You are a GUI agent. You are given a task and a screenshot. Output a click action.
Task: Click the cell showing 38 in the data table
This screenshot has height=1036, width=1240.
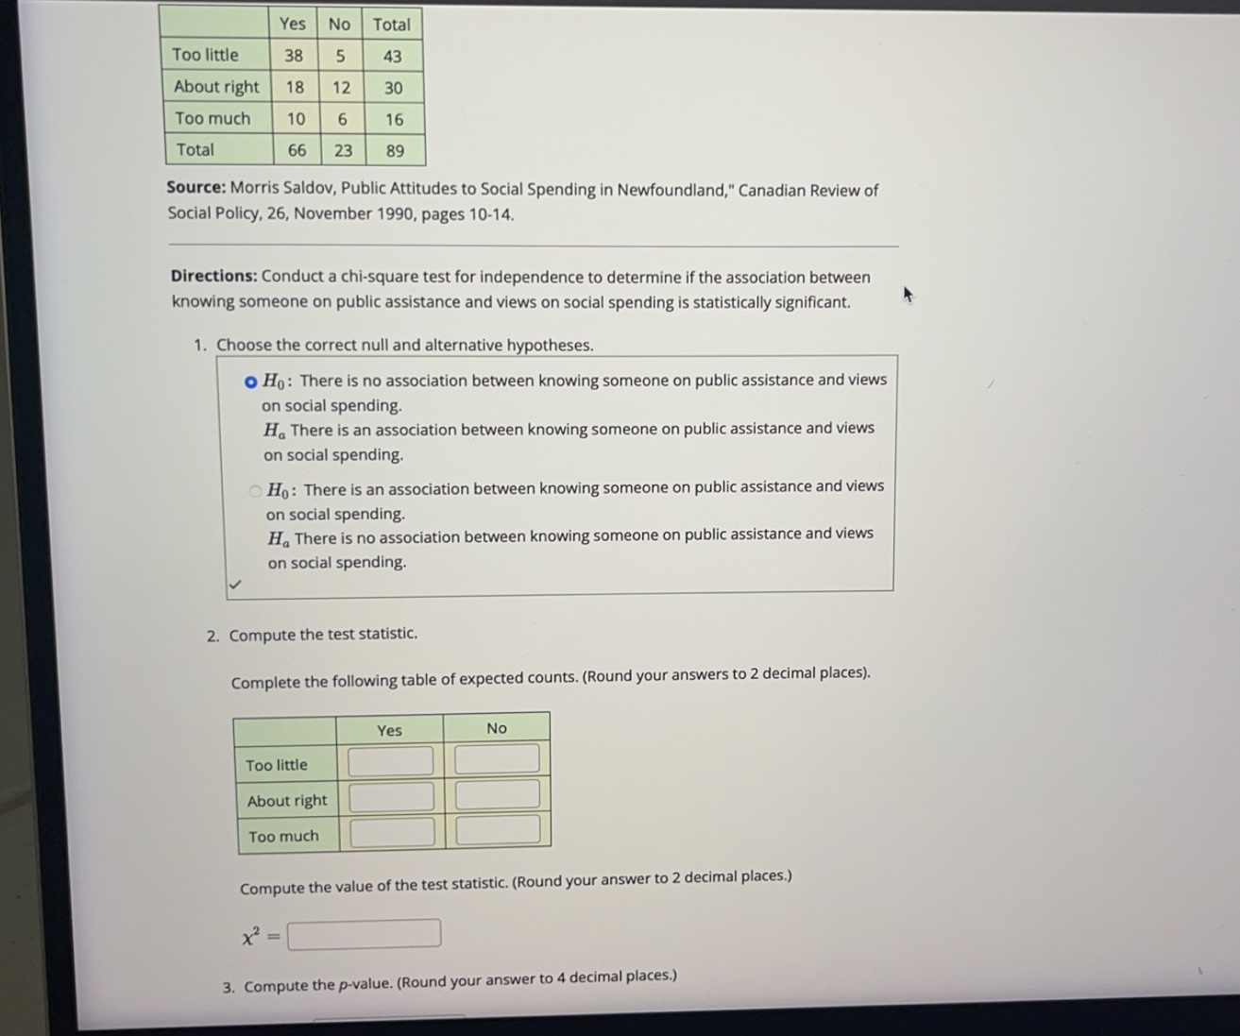pyautogui.click(x=294, y=56)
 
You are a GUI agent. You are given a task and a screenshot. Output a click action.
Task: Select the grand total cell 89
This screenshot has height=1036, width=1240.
pyautogui.click(x=395, y=151)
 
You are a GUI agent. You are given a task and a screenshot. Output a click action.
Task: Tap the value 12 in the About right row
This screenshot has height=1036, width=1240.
pyautogui.click(x=341, y=88)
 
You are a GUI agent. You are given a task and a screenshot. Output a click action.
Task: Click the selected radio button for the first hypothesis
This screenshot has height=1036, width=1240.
pyautogui.click(x=250, y=382)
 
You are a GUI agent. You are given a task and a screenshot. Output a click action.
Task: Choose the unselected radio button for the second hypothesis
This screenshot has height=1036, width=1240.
pyautogui.click(x=255, y=490)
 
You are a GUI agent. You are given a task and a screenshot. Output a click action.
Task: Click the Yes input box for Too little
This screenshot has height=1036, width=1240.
pyautogui.click(x=391, y=761)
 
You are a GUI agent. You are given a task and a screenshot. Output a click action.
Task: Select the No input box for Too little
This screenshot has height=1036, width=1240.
pyautogui.click(x=497, y=758)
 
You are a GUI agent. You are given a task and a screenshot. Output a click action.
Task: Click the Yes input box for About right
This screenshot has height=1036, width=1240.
pyautogui.click(x=392, y=797)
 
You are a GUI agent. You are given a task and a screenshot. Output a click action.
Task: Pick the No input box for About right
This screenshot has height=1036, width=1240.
pyautogui.click(x=498, y=794)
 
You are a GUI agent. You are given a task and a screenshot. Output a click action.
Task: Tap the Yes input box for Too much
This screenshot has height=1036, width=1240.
pyautogui.click(x=393, y=832)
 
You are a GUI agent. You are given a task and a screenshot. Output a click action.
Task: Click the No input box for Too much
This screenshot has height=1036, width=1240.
pyautogui.click(x=499, y=830)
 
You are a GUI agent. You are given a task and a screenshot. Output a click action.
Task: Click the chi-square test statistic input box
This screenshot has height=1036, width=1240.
pyautogui.click(x=364, y=934)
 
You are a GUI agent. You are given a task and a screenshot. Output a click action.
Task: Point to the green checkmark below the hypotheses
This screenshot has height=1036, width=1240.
pyautogui.click(x=235, y=585)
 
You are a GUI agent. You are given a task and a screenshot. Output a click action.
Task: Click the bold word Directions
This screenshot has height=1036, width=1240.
pyautogui.click(x=213, y=277)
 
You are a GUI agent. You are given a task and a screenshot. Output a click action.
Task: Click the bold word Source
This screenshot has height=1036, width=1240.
pyautogui.click(x=196, y=187)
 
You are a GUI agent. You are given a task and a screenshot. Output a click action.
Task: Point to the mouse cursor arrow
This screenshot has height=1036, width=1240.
pyautogui.click(x=909, y=296)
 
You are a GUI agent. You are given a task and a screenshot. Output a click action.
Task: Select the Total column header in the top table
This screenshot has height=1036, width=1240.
pyautogui.click(x=391, y=25)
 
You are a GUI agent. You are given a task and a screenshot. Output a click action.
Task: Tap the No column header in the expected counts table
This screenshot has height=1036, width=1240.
pyautogui.click(x=497, y=728)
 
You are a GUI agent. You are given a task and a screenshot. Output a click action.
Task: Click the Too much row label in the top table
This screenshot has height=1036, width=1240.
pyautogui.click(x=212, y=119)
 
